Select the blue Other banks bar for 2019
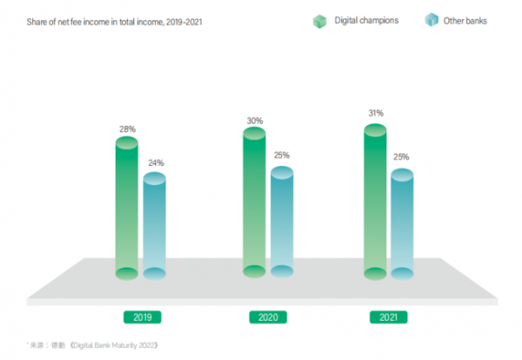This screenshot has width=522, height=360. click(154, 226)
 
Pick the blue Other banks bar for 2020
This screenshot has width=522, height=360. click(282, 222)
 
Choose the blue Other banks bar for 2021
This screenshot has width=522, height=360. click(402, 223)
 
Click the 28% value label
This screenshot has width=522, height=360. click(127, 129)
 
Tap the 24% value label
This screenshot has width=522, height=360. click(155, 163)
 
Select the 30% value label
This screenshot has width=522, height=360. click(254, 121)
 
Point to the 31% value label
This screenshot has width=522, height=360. click(375, 113)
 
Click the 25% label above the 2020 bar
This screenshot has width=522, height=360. click(281, 156)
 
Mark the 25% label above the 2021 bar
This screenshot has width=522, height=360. click(401, 157)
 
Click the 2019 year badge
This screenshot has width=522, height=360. click(142, 317)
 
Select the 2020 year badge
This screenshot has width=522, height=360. click(268, 317)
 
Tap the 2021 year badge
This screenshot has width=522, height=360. click(388, 317)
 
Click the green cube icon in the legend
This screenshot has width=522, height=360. click(319, 20)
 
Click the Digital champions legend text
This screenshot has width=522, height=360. click(366, 20)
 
